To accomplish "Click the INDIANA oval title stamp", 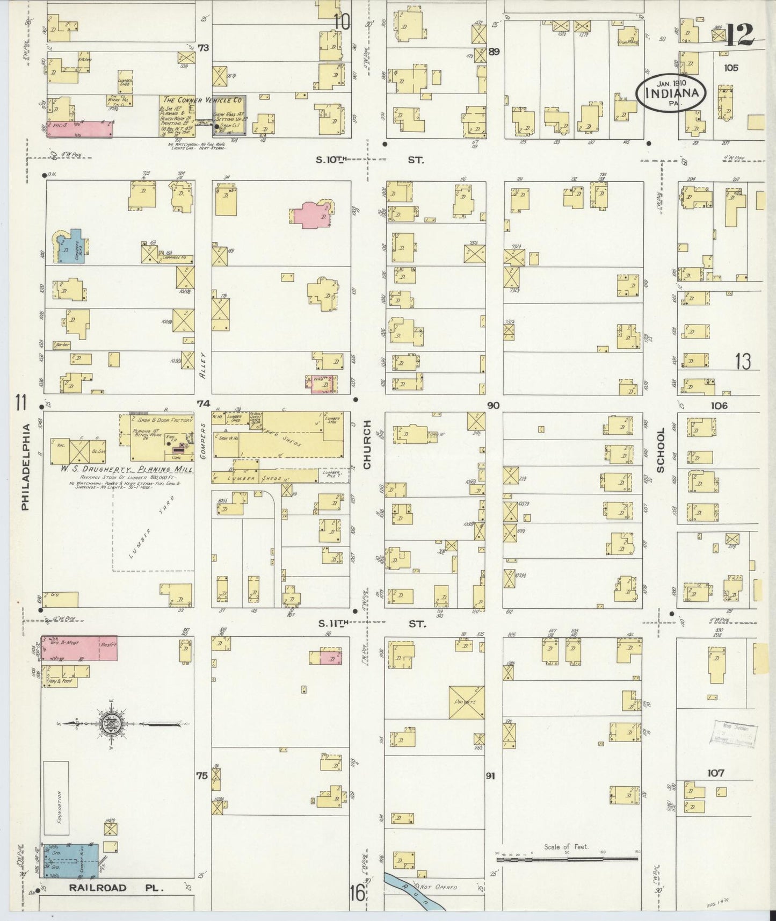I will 670,92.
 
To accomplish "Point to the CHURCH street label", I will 367,445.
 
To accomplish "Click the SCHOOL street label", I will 661,450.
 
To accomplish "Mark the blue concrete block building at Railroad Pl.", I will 71,860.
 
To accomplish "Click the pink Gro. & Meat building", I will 79,648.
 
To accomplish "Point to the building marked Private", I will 467,702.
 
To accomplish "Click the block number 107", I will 715,773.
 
